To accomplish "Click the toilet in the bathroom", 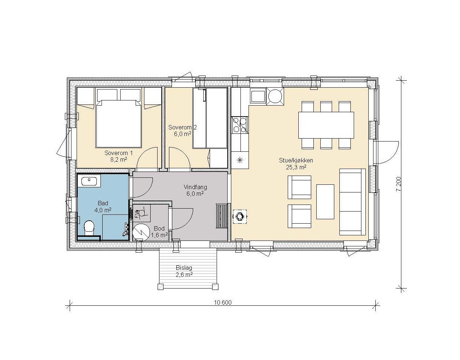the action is [x=89, y=228].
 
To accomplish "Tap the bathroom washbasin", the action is [x=89, y=182].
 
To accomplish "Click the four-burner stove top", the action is [x=240, y=125].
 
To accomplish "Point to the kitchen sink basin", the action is [x=258, y=96].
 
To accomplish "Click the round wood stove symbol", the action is [x=240, y=216].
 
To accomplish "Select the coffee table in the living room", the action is [x=325, y=202].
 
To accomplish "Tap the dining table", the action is [x=326, y=125].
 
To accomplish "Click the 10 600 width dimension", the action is [x=223, y=303].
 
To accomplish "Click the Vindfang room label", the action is [x=195, y=187].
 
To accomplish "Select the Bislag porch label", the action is [x=184, y=268].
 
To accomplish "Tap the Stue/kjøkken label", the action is [x=296, y=161].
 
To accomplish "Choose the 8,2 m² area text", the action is [x=118, y=159].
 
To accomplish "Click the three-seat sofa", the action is [x=353, y=202].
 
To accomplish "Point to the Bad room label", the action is [x=103, y=203].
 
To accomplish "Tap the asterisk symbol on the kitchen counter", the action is [x=240, y=160].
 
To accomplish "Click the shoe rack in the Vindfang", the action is [x=222, y=216].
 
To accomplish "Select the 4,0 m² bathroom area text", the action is [x=103, y=210].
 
